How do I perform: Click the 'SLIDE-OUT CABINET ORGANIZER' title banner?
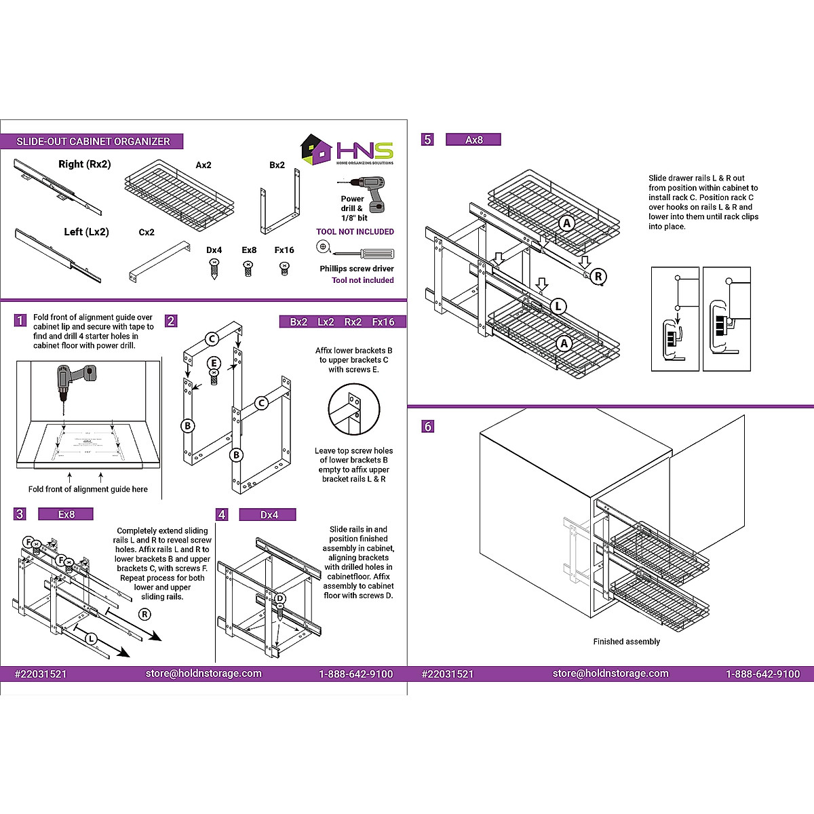[93, 142]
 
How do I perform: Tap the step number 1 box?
[20, 320]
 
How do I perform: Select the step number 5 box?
[427, 139]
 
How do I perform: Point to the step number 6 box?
[427, 426]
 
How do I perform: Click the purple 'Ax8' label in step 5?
[473, 140]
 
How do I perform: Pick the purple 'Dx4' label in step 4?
[269, 515]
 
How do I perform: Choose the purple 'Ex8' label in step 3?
[66, 515]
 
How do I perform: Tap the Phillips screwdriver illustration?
[364, 253]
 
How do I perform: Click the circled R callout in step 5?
[598, 276]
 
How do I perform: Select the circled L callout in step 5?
[558, 306]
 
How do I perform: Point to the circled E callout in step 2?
[214, 363]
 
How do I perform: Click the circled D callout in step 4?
[279, 598]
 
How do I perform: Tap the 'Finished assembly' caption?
[626, 642]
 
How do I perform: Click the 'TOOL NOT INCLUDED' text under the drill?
[355, 232]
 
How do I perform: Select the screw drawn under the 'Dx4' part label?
[214, 269]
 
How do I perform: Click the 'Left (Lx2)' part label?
[86, 232]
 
